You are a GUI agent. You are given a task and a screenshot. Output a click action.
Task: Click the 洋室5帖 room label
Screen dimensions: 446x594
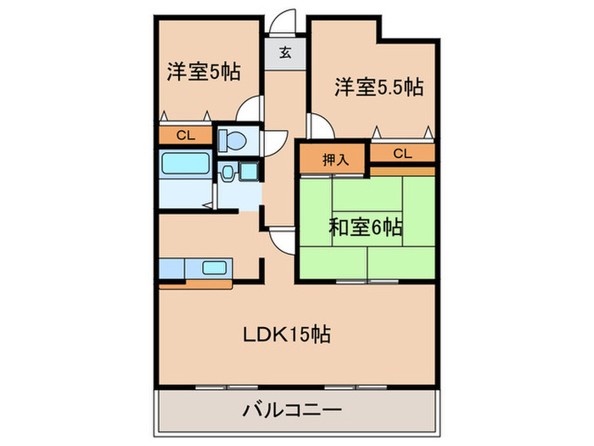point(203,72)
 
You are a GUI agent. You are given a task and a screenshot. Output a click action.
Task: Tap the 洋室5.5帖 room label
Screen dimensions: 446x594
point(378,86)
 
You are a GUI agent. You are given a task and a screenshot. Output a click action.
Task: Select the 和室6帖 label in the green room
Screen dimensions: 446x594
point(365,227)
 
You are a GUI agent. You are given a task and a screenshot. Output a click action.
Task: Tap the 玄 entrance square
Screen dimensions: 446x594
point(286,53)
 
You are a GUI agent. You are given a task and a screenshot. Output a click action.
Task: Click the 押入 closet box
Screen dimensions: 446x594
point(331,157)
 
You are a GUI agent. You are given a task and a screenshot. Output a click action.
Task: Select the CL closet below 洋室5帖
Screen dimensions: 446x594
point(184,134)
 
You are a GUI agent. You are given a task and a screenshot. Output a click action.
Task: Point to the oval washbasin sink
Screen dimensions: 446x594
point(227,172)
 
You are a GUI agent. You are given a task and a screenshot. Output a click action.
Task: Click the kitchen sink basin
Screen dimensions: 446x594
point(213,268)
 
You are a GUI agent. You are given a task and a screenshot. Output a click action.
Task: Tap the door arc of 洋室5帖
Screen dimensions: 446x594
point(249,110)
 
